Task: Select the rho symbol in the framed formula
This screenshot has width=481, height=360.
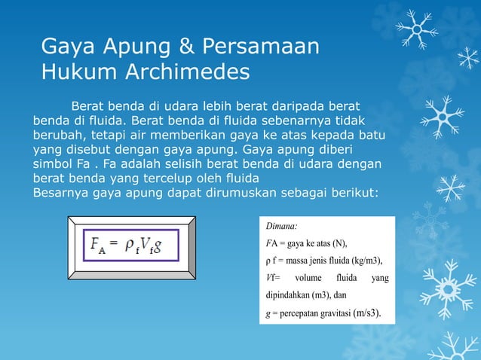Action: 128,246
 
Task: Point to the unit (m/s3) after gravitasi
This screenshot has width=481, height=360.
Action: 367,313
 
